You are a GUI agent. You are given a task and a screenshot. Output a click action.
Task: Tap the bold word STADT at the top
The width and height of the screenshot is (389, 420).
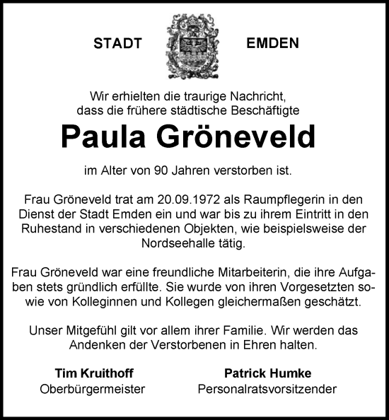(x=118, y=44)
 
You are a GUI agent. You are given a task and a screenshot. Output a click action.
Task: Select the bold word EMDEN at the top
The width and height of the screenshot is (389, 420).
(x=272, y=44)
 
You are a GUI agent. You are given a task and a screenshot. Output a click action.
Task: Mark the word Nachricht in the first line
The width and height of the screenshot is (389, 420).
(x=254, y=95)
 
